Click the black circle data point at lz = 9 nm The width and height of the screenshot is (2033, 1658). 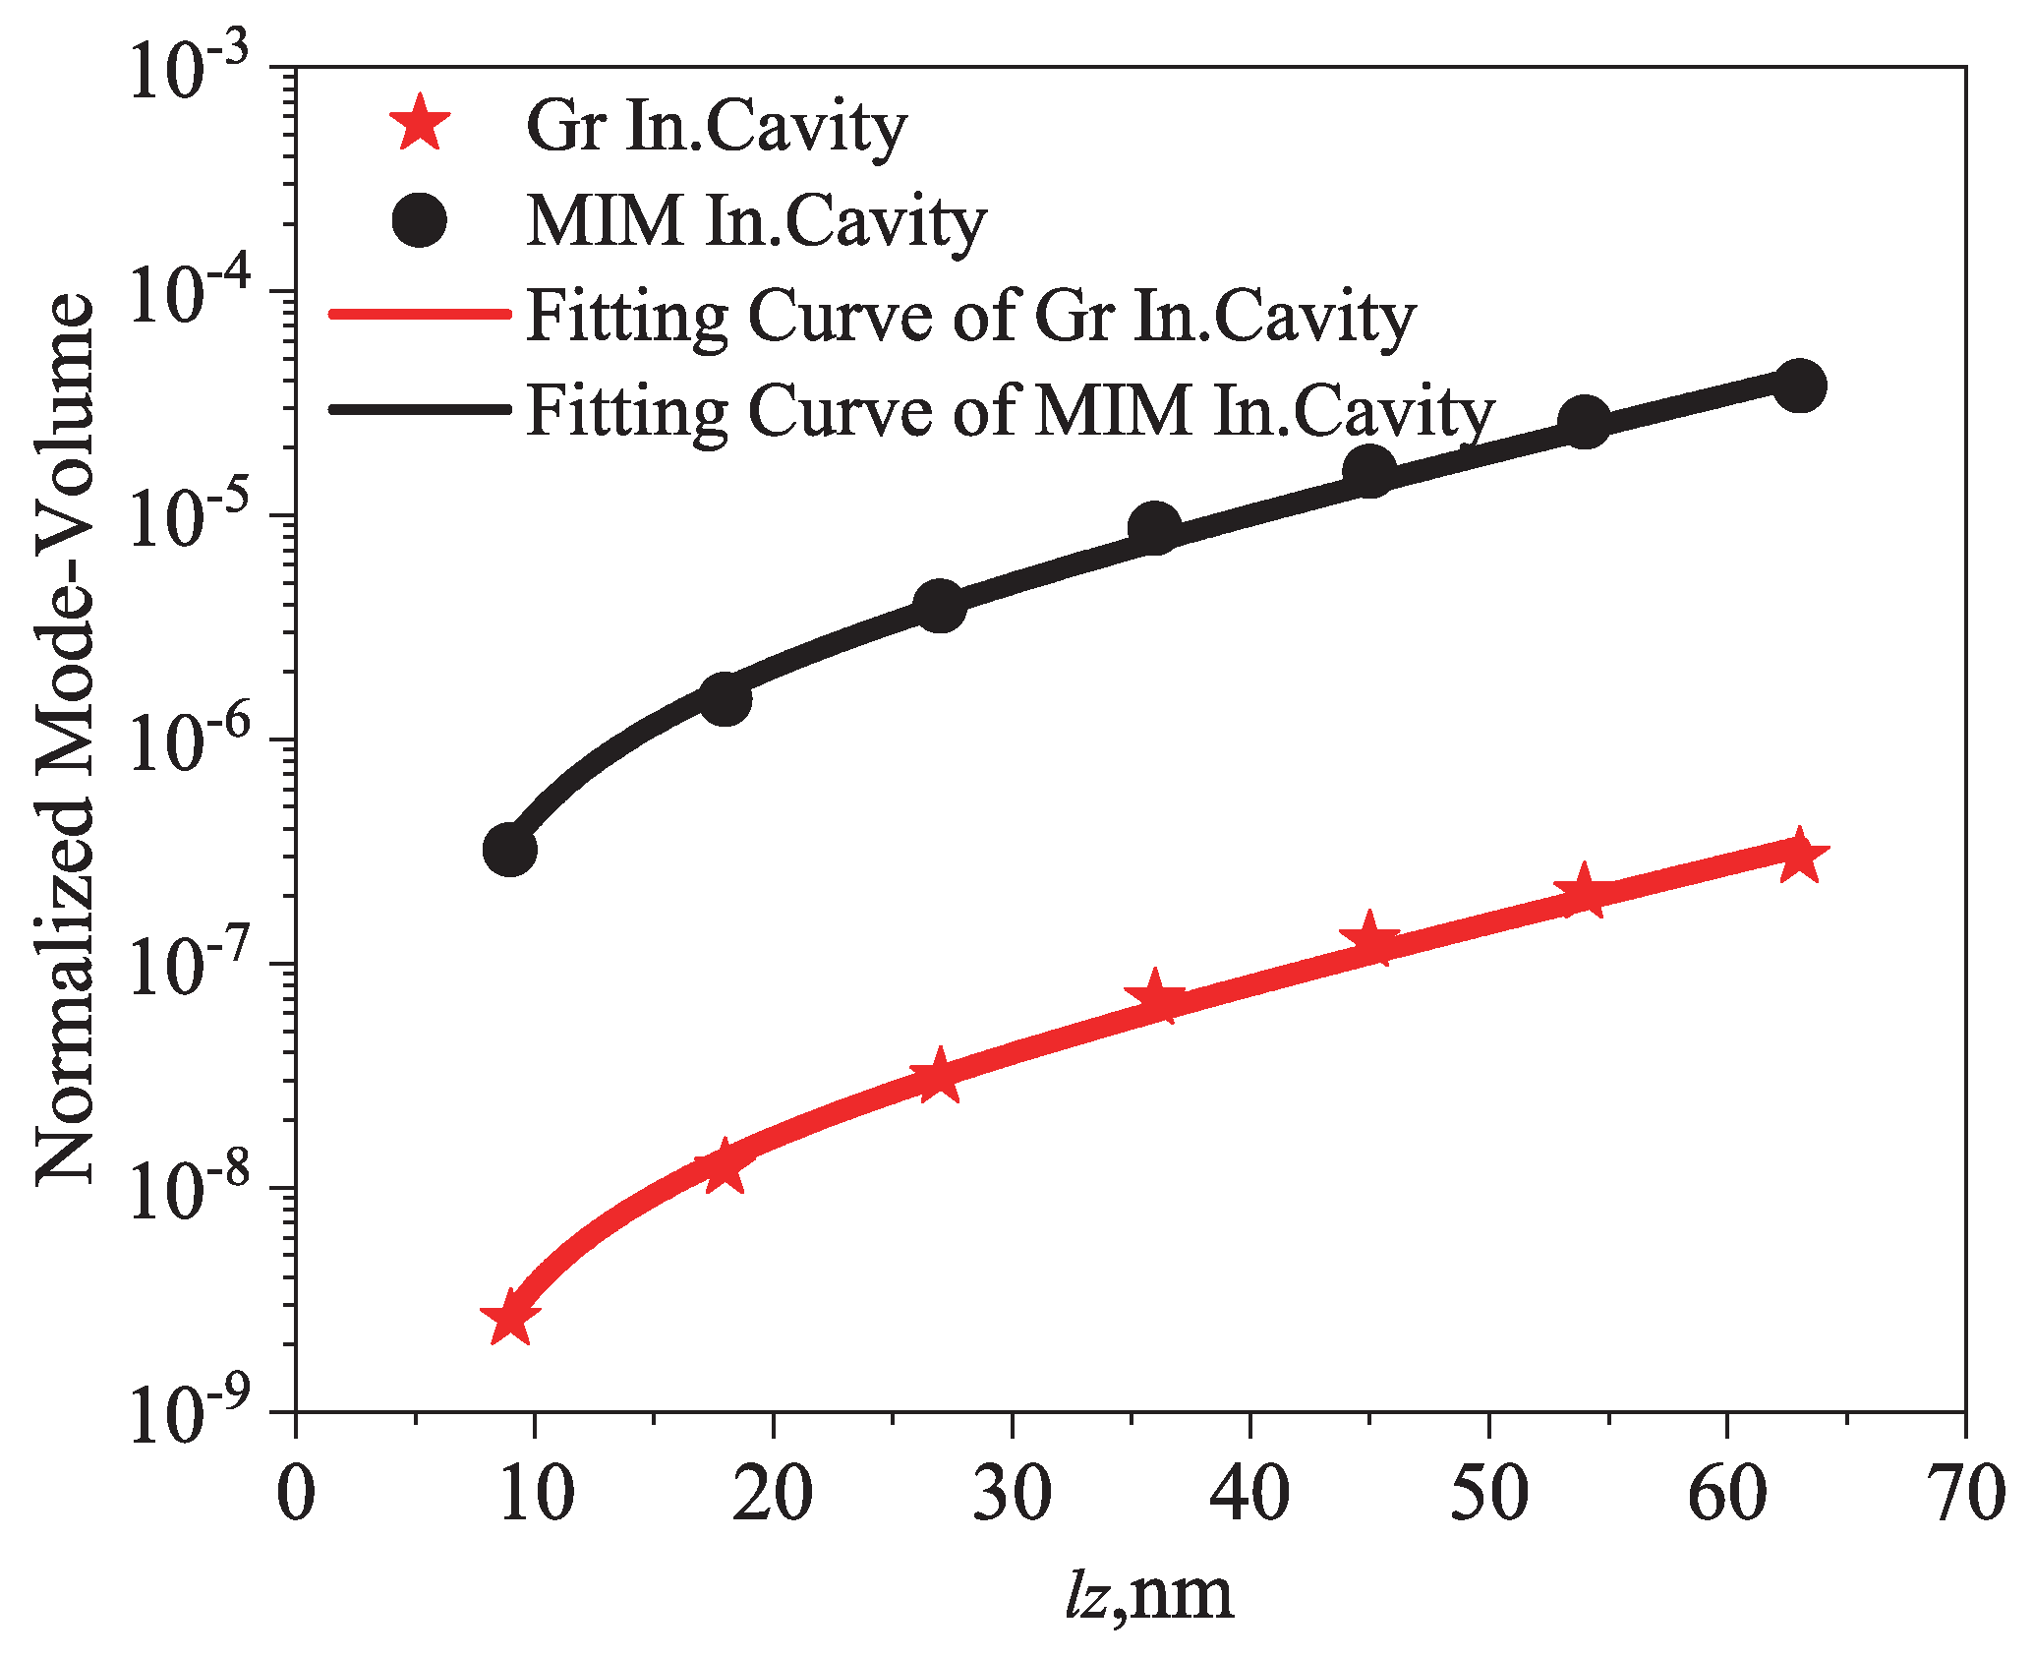(509, 850)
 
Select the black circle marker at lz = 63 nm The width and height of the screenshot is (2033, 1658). (1799, 385)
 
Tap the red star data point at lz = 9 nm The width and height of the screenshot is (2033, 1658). (509, 1320)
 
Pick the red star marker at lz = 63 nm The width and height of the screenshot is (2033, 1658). (1799, 856)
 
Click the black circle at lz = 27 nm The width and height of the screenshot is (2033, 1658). (939, 606)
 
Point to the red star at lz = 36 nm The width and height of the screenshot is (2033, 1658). (1154, 999)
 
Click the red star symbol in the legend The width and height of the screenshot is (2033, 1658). (420, 125)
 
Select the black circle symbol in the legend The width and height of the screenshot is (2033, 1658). (420, 220)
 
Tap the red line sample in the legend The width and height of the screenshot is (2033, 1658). (420, 315)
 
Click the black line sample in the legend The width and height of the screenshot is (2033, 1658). (420, 408)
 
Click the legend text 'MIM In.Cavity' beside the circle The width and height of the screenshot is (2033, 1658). (756, 222)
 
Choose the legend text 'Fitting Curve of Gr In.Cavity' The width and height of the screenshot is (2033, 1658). (970, 317)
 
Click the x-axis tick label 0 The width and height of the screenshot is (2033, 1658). (296, 1493)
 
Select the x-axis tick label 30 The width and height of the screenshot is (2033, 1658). (1012, 1493)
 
